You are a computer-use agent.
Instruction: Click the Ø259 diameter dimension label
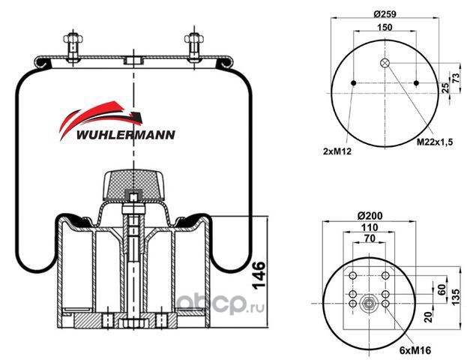click(x=385, y=14)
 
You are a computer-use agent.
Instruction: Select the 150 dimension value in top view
click(x=385, y=27)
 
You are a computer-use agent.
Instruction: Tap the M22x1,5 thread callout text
click(x=435, y=142)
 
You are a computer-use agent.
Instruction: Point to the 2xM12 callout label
click(x=337, y=151)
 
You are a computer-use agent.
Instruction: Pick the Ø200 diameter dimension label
click(x=370, y=215)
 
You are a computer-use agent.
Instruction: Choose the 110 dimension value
click(x=370, y=227)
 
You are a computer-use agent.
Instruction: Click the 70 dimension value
click(x=370, y=238)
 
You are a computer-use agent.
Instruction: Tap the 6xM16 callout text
click(x=415, y=350)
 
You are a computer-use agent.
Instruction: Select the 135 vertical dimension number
click(x=456, y=296)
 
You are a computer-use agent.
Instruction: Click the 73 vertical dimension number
click(x=456, y=78)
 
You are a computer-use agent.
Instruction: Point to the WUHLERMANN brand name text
click(x=126, y=135)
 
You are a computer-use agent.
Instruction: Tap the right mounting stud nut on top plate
click(x=194, y=39)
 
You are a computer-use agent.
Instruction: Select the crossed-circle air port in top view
click(x=385, y=63)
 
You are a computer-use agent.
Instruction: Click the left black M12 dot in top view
click(x=354, y=82)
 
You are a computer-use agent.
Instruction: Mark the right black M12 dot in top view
click(x=416, y=82)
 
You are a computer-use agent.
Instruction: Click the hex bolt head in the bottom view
click(x=369, y=304)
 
